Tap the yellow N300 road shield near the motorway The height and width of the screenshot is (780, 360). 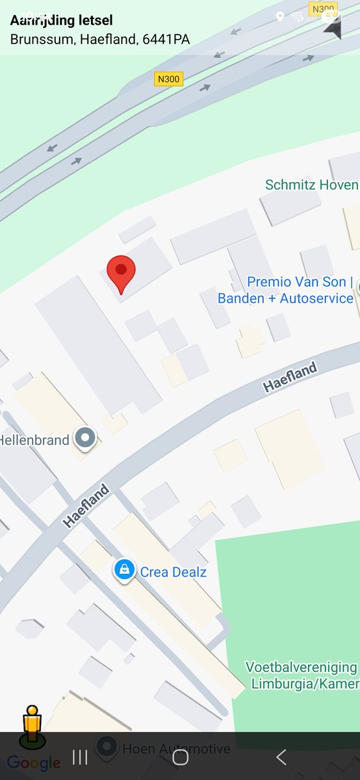(169, 79)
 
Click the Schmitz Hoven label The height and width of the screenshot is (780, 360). (311, 185)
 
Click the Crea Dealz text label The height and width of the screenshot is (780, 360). (173, 572)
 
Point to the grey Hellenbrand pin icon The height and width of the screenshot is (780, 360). (85, 438)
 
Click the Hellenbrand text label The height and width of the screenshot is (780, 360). (34, 440)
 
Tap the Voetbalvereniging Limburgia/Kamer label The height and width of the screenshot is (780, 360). (302, 675)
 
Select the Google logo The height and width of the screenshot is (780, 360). (34, 763)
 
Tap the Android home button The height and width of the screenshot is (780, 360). (181, 757)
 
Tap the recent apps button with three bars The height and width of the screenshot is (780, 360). (80, 757)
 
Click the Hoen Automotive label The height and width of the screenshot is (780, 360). (176, 749)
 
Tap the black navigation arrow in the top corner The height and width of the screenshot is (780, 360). (332, 29)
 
